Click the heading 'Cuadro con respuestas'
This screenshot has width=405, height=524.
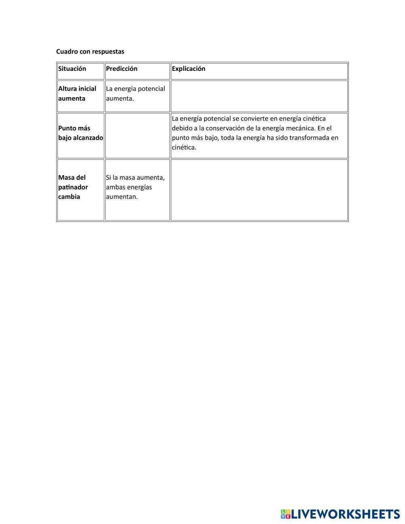pyautogui.click(x=90, y=51)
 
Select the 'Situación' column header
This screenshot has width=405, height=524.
pyautogui.click(x=72, y=69)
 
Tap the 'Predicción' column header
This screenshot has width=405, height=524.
pyautogui.click(x=122, y=69)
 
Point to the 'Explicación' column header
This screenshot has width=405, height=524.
pyautogui.click(x=188, y=69)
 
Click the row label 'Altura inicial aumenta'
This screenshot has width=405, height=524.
pyautogui.click(x=77, y=94)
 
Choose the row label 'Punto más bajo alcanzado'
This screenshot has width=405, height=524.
pyautogui.click(x=80, y=133)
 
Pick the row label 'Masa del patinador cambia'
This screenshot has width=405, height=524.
pyautogui.click(x=73, y=187)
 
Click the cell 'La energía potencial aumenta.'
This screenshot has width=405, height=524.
pyautogui.click(x=135, y=94)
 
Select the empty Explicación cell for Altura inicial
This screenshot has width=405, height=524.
pyautogui.click(x=259, y=96)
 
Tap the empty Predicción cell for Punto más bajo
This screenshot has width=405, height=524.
pyautogui.click(x=137, y=136)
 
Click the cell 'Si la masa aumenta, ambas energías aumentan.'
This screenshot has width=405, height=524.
pyautogui.click(x=135, y=187)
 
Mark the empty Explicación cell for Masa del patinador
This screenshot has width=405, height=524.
pyautogui.click(x=259, y=190)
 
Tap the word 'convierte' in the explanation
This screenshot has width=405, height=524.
pyautogui.click(x=249, y=119)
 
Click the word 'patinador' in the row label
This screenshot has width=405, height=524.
pyautogui.click(x=73, y=187)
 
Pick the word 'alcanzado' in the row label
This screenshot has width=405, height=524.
pyautogui.click(x=88, y=138)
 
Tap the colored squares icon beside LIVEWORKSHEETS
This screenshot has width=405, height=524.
pyautogui.click(x=286, y=514)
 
